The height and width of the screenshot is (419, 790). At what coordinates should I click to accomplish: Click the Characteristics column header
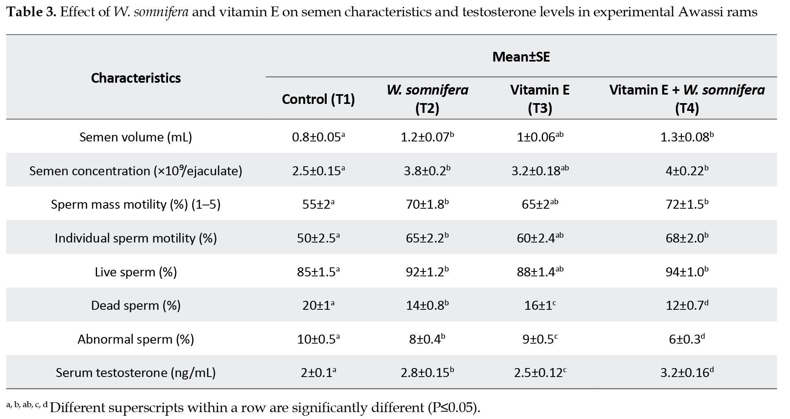(136, 78)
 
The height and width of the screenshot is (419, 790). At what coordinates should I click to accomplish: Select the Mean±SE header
(521, 57)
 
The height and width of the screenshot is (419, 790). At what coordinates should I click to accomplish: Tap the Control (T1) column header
(318, 99)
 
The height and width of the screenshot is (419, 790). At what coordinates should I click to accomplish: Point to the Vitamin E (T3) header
(540, 99)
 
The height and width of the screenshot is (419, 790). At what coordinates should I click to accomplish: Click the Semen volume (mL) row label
(136, 137)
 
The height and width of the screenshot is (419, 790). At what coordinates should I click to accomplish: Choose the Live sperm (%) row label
(136, 272)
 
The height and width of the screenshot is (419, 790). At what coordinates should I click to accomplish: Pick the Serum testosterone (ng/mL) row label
(136, 373)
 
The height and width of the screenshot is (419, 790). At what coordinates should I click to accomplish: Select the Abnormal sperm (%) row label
(136, 339)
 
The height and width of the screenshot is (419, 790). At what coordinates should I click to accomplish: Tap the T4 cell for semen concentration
(687, 170)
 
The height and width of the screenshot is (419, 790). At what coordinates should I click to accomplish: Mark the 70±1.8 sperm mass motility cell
(427, 204)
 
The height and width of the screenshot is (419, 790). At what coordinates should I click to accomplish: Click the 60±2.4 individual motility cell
(540, 238)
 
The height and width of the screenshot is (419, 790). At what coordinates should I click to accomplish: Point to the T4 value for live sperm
(687, 272)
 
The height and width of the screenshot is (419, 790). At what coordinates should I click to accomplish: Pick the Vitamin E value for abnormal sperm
(540, 339)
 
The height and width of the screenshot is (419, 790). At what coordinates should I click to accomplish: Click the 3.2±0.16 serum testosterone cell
(687, 373)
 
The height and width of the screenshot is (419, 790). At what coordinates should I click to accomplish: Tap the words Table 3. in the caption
(31, 12)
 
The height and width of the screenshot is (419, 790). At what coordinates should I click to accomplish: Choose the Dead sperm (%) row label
(136, 305)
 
